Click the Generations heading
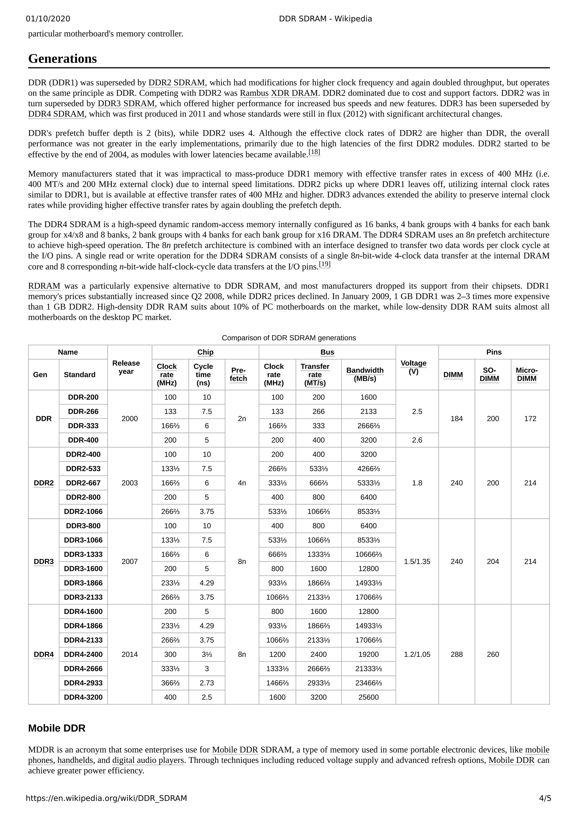pos(62,59)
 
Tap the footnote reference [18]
pos(314,152)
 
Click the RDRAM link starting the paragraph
pos(44,286)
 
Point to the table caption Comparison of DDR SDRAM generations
pos(289,338)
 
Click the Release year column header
pos(126,367)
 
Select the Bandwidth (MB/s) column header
pos(365,374)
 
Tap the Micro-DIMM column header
pos(527,374)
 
